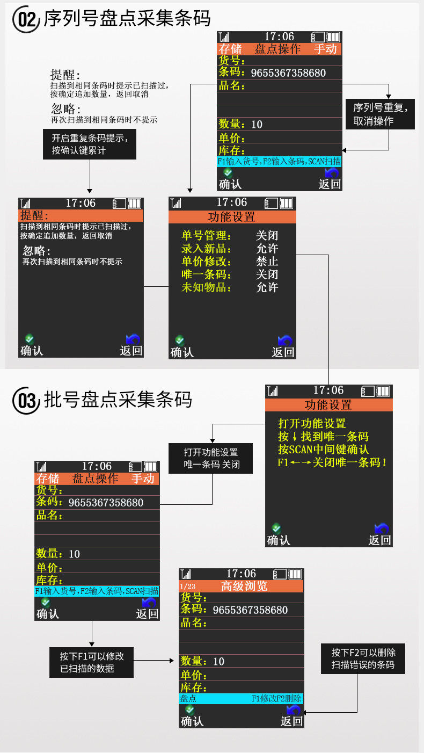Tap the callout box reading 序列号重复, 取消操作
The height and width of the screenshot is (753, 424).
380,114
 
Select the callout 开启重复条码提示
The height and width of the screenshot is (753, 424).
90,144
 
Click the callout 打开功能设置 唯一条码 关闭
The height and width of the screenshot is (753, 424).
211,458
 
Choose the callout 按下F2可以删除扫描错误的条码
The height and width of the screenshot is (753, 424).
363,658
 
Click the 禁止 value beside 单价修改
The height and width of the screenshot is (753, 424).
267,262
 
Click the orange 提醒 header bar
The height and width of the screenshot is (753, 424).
81,216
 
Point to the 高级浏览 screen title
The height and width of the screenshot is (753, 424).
244,586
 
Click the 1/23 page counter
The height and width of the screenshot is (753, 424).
188,587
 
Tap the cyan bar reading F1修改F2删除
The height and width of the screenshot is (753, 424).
241,699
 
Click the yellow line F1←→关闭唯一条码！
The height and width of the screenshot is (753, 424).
332,462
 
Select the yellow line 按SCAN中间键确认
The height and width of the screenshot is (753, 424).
323,449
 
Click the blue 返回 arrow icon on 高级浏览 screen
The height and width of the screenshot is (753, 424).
293,710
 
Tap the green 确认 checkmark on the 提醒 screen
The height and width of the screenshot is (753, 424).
30,339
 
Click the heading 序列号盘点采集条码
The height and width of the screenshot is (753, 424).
127,19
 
